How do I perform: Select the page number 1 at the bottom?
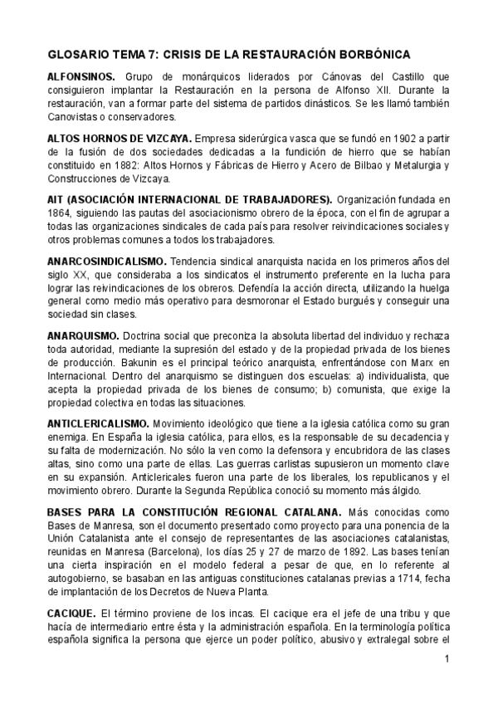447,659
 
